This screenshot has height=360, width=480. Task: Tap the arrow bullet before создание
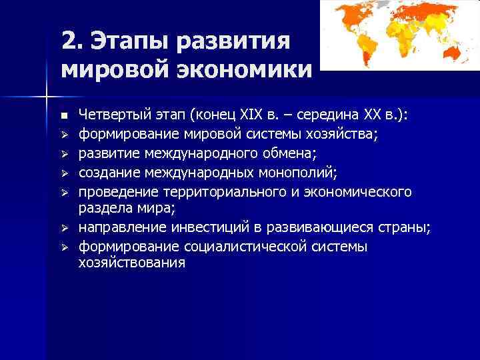click(64, 174)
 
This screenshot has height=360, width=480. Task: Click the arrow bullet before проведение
click(64, 193)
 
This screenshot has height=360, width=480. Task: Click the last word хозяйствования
click(132, 263)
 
